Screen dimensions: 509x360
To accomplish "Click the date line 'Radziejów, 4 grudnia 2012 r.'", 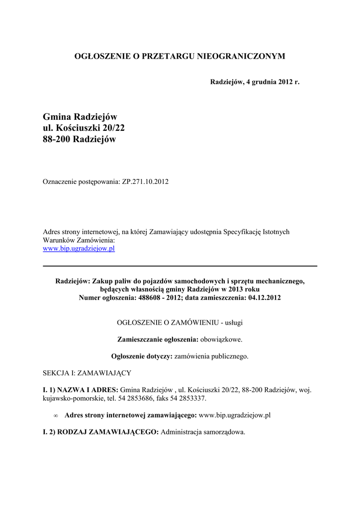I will tap(255, 81).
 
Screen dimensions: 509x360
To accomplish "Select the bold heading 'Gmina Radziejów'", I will tap(80, 117).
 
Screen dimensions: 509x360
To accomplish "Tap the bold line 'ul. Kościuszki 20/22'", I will tap(84, 128).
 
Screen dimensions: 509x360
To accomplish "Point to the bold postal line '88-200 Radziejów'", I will tap(80, 139).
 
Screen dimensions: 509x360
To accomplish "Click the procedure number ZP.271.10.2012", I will tap(145, 182).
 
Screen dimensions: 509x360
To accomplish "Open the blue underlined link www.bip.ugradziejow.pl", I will tap(79, 248).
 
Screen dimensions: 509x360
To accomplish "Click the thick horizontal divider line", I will tap(180, 266).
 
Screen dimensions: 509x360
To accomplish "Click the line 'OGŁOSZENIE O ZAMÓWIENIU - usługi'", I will tap(180, 323).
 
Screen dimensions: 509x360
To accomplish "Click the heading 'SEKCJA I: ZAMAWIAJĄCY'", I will tap(87, 373).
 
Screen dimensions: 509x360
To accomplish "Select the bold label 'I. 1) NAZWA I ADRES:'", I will tap(81, 390).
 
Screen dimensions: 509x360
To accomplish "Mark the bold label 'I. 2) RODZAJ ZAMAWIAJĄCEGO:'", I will tap(101, 432).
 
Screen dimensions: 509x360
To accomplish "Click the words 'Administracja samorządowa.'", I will tap(203, 432).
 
